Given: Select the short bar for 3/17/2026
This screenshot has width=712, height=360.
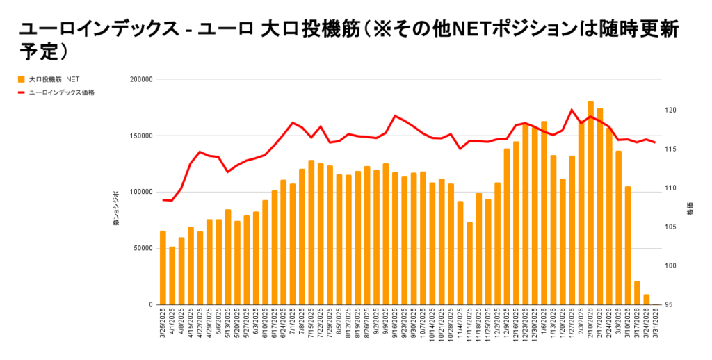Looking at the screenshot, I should point(637,293).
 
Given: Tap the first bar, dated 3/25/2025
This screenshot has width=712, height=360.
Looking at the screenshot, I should point(163,268).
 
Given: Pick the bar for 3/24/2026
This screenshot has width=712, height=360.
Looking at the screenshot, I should point(646,300).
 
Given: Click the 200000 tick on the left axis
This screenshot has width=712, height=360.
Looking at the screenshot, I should point(141,79).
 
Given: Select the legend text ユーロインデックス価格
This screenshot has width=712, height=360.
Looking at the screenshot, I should point(62,92).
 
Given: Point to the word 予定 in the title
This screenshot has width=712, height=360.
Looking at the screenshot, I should point(35,52).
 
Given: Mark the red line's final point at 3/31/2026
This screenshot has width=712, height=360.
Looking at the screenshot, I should point(655,142).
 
